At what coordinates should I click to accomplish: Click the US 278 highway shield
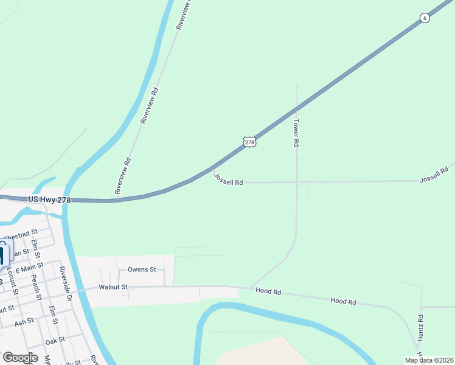point(249,142)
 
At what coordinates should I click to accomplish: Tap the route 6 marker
point(425,18)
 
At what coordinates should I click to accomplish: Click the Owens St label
point(142,269)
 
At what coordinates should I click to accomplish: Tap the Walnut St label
point(113,287)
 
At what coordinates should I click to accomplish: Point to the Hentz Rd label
point(420,327)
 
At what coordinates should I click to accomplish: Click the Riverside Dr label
point(65,285)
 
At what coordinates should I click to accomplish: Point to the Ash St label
point(24,321)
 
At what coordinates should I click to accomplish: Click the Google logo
point(20,358)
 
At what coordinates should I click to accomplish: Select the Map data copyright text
point(429,360)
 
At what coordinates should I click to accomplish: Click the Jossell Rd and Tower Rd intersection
point(297,181)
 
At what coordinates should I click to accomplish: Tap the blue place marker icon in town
point(4,254)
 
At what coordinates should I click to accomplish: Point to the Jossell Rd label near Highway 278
point(228,181)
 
